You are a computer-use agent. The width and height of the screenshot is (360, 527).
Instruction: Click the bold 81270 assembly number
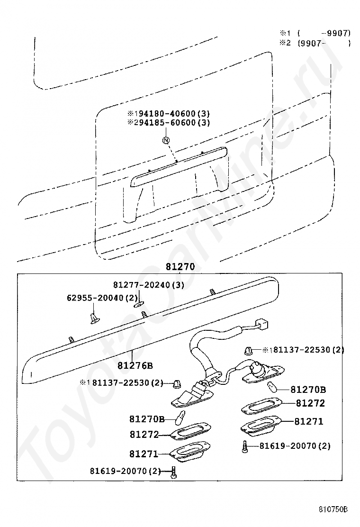tap(180, 267)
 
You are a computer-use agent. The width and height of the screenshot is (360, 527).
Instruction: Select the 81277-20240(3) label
tap(148, 285)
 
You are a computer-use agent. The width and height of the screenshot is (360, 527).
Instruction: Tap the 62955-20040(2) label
tap(101, 298)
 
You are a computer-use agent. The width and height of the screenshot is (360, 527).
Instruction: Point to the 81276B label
tap(135, 365)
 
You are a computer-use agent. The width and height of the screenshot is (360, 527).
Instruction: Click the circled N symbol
tap(166, 140)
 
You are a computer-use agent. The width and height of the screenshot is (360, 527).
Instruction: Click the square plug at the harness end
tap(260, 325)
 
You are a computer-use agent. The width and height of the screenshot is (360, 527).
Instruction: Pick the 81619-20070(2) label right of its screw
tap(294, 445)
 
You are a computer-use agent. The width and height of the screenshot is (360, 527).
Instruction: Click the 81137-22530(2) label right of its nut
tap(304, 350)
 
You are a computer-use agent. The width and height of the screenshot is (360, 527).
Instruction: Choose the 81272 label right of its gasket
tap(310, 403)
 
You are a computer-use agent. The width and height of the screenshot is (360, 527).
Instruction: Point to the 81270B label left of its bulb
tap(147, 419)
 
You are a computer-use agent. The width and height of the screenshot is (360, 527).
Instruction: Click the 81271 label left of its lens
tap(144, 454)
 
